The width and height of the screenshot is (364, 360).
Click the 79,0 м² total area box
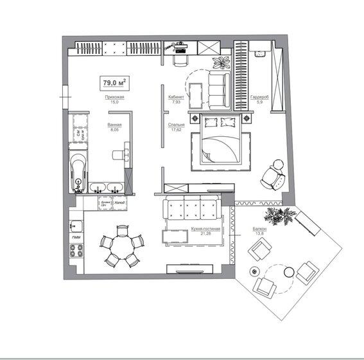pos(114,82)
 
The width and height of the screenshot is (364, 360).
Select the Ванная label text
pos(115,126)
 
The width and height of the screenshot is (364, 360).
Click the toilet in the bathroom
pos(119,154)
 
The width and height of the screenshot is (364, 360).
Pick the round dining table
pos(120,247)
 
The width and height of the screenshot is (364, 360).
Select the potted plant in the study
pos(222,62)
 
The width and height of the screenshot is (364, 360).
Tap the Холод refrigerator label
pos(119,204)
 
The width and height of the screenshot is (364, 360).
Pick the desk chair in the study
pos(178,59)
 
